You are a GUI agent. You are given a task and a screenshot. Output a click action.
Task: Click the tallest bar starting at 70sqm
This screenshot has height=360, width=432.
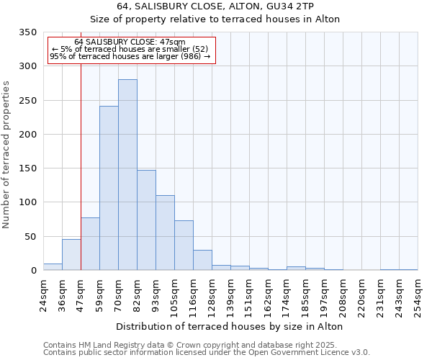pyautogui.click(x=127, y=175)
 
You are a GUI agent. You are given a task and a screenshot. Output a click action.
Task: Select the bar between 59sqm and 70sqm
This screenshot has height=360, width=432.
pyautogui.click(x=109, y=189)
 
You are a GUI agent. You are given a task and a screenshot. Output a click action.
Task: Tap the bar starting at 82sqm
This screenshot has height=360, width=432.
pyautogui.click(x=146, y=220)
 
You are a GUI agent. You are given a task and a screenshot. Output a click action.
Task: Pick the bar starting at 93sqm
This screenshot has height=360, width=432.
pyautogui.click(x=165, y=233)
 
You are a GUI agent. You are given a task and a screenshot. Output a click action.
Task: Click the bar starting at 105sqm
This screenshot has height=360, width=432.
pyautogui.click(x=184, y=246)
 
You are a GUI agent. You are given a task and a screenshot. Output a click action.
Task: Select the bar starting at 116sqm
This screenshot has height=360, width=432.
pyautogui.click(x=202, y=261)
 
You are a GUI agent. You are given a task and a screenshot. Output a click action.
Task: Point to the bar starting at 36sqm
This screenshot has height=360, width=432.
pyautogui.click(x=71, y=255)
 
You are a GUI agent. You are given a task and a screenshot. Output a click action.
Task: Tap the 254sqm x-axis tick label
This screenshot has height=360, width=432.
pyautogui.click(x=418, y=296)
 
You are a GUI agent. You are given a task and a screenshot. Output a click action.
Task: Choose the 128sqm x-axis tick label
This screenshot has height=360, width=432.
pyautogui.click(x=212, y=296)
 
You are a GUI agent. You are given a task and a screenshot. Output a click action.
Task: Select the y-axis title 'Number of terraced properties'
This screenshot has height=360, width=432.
pyautogui.click(x=7, y=154)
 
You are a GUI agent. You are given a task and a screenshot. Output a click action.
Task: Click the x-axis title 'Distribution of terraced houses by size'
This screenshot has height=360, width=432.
pyautogui.click(x=229, y=326)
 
